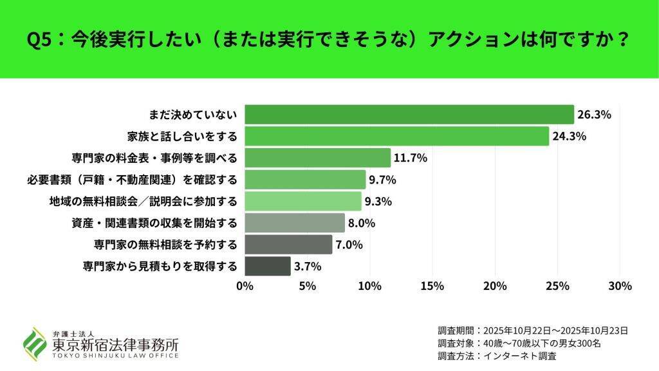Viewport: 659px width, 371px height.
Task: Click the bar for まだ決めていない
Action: pos(409,115)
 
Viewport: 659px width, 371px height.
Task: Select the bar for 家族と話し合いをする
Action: pos(396,136)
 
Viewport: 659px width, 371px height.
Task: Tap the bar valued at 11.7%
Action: pos(317,158)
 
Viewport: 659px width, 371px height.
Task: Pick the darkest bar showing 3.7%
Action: pos(268,266)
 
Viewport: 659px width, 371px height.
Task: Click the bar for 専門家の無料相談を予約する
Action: pos(288,245)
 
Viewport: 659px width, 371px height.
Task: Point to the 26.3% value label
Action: pos(594,115)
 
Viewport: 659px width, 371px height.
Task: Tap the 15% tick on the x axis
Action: pos(432,286)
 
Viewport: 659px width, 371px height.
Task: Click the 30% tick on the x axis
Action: pos(620,286)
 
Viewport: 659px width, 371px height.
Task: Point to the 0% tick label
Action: pos(245,286)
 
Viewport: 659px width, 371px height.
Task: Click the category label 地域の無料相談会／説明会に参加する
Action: pos(143,202)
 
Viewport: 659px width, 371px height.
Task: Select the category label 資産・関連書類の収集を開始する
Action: pos(154,224)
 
